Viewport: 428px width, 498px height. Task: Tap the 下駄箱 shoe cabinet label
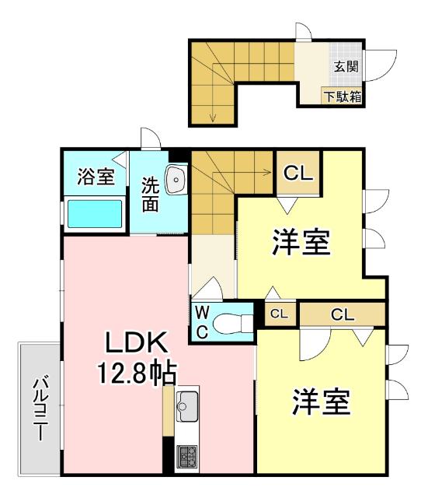[x=343, y=97]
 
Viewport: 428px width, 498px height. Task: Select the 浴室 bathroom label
[x=96, y=176]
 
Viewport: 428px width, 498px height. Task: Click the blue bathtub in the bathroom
[x=95, y=214]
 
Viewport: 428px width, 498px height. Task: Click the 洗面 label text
[x=150, y=195]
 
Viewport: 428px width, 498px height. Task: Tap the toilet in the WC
[x=233, y=321]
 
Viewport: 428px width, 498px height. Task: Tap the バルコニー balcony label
[x=39, y=408]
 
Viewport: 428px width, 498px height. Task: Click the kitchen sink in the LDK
[x=188, y=403]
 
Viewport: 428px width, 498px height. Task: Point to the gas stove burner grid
[x=187, y=454]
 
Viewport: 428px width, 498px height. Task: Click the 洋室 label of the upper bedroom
[x=301, y=243]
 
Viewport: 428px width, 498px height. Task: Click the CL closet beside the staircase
[x=298, y=173]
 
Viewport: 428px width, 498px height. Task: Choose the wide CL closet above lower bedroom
[x=343, y=314]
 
